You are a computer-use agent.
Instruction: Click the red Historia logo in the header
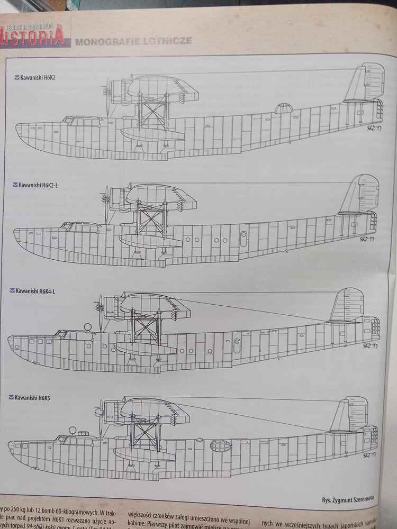(x=34, y=38)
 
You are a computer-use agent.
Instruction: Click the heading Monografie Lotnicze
(x=133, y=41)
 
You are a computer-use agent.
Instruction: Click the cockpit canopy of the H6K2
(x=74, y=121)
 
